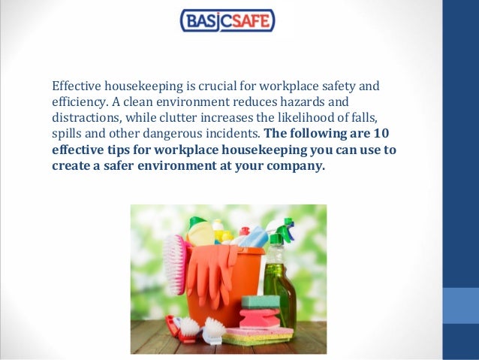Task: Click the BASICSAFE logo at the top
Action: pos(227,20)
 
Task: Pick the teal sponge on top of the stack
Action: pos(260,302)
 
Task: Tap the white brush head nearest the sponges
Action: pos(212,328)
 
